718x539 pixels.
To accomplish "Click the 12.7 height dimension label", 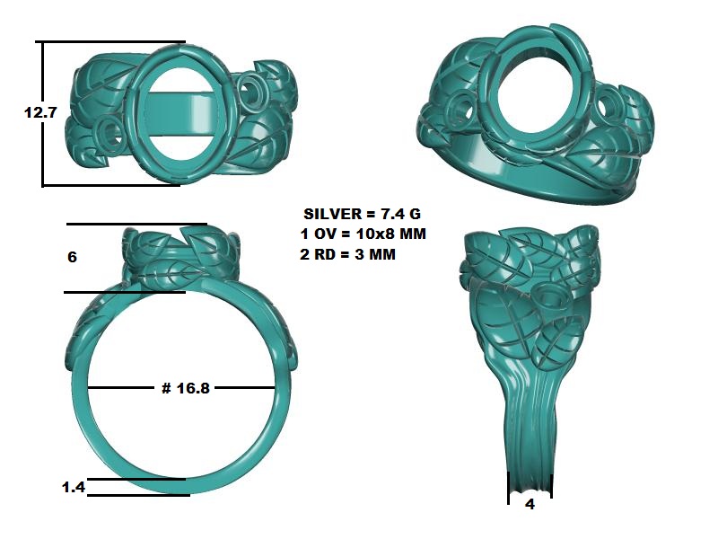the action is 40,112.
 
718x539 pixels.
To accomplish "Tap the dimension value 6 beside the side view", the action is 72,257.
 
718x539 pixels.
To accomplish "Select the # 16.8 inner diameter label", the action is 186,388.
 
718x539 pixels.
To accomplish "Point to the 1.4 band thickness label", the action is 74,487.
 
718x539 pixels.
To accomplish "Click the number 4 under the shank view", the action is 530,504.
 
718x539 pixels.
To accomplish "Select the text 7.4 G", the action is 400,214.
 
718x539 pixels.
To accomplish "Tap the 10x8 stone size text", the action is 375,234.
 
